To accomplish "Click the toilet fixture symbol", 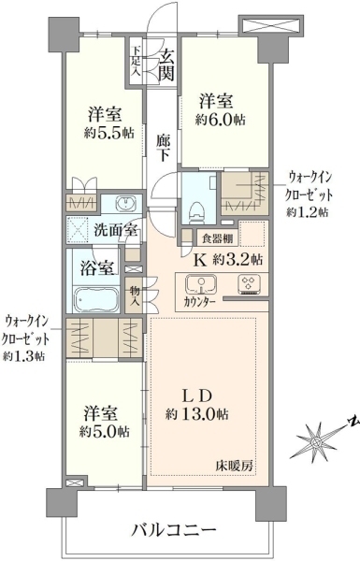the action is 195,212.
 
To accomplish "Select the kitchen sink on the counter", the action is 201,285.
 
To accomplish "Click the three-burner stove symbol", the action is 249,284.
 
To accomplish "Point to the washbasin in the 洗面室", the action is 125,204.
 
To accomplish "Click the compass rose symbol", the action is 316,442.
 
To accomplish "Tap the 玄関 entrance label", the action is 166,65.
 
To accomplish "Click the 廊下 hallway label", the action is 163,148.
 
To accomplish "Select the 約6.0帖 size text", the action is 220,121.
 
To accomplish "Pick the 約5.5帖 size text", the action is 109,134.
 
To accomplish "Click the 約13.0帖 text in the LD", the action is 197,415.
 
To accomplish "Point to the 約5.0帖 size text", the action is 105,432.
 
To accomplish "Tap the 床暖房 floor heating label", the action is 235,466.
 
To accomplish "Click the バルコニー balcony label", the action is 174,529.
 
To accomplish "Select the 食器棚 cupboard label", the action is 218,238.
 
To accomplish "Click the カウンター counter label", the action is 200,302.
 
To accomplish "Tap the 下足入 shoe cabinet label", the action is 136,61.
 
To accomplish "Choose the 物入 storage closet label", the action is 135,295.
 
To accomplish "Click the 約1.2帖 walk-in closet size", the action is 307,212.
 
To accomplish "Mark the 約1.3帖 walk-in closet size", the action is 24,356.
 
